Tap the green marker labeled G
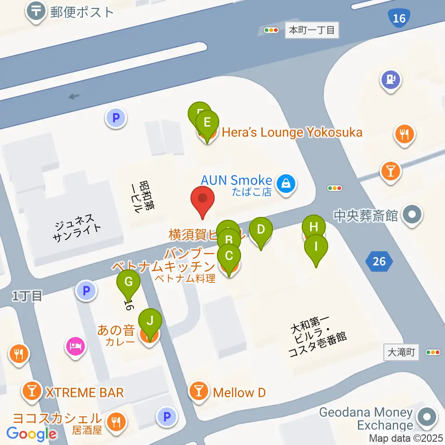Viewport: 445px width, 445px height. pos(128,282)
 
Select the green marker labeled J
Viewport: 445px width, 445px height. pos(150,321)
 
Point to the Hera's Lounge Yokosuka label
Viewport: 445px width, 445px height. pos(292,133)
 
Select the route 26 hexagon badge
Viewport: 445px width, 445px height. pos(379,261)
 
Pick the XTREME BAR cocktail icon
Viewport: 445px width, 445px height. pos(32,393)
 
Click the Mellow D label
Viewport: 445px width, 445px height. pos(239,393)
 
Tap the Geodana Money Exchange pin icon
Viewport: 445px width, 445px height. pos(426,416)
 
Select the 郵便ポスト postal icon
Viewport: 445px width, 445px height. pos(36,11)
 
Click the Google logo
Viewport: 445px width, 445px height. pos(32,434)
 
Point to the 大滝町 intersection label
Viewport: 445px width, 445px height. pos(401,352)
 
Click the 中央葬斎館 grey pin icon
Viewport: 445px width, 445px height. pos(411,215)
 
